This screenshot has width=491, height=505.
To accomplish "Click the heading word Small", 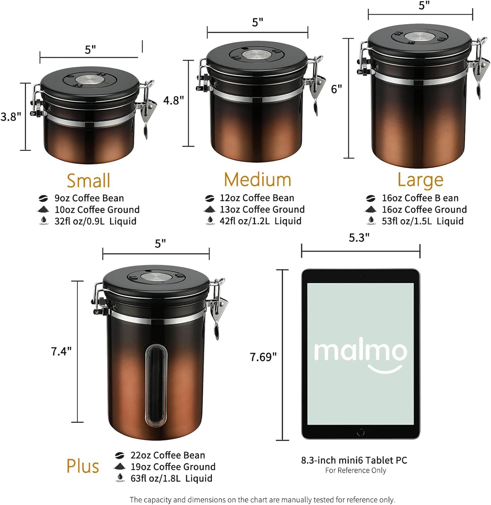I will [88, 180].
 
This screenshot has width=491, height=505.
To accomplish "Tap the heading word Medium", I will [258, 179].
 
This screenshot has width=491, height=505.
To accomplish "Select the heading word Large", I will [420, 180].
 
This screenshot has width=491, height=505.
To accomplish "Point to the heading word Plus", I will [83, 466].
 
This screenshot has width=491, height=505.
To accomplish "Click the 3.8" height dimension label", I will [11, 117].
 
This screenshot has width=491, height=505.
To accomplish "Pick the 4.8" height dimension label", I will [173, 101].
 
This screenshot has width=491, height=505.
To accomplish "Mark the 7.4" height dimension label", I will [61, 351].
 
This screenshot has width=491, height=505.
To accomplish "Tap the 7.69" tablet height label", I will [263, 357].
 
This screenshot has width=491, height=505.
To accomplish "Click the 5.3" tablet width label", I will [359, 238].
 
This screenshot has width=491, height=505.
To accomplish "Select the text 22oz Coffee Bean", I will [168, 455].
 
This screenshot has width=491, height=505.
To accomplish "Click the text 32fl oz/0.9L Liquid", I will [95, 221].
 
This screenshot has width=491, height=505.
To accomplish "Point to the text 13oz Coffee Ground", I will [262, 209].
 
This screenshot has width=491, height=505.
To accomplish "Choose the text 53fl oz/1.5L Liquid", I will [422, 221].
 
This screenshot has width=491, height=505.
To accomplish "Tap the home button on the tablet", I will [361, 432].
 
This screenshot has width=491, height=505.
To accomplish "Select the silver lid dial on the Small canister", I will [90, 79].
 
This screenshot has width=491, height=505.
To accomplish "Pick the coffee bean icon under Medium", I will [210, 198].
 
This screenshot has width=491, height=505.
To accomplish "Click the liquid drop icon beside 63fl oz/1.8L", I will [119, 478].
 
